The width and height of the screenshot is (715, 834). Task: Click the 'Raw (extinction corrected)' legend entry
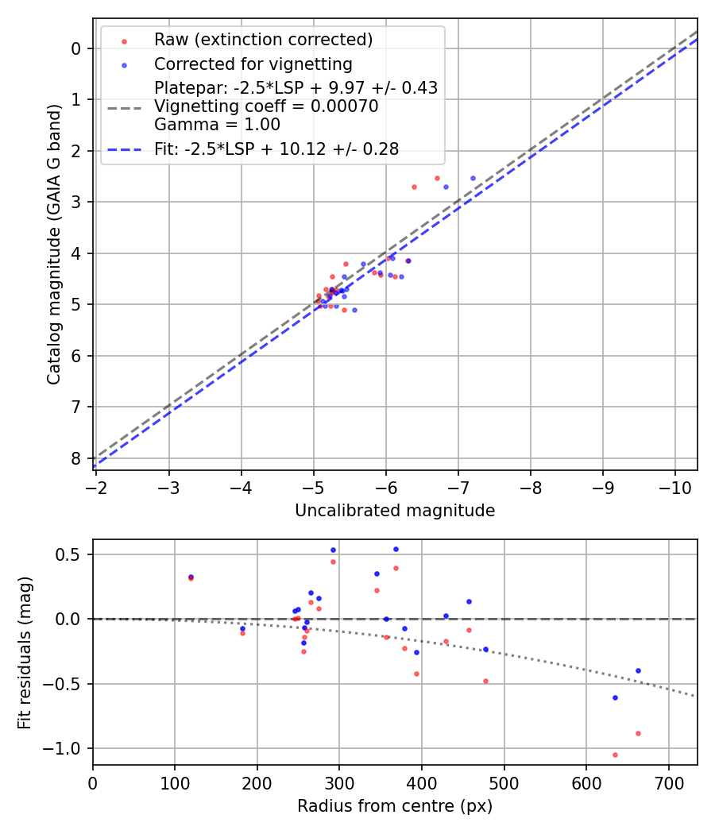(x=263, y=40)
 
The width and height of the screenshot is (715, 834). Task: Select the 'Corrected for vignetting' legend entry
(x=253, y=64)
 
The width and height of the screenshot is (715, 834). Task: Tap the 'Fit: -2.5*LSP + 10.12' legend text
(x=276, y=149)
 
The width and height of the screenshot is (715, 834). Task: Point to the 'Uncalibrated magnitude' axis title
(x=395, y=511)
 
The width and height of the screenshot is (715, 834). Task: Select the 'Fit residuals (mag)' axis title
(x=25, y=652)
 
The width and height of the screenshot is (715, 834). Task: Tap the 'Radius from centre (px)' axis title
(x=395, y=806)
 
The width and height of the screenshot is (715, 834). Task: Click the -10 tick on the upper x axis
(x=675, y=487)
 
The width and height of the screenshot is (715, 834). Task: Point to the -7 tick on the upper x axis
(x=458, y=487)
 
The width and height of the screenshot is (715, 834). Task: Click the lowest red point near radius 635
(x=615, y=755)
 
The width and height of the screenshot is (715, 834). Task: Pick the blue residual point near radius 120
(x=191, y=577)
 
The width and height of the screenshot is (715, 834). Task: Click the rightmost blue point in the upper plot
(x=473, y=178)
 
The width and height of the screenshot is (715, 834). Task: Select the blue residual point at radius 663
(x=638, y=670)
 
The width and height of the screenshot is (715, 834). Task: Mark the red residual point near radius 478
(x=485, y=681)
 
